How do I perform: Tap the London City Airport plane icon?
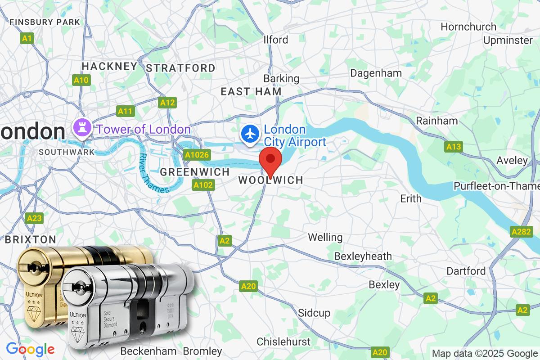(250, 134)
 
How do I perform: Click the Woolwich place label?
(270, 180)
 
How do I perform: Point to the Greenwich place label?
(195, 172)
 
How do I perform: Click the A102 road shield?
(203, 184)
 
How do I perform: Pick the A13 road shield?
(454, 146)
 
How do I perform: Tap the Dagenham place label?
(376, 73)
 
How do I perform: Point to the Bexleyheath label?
(363, 256)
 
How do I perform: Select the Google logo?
(30, 349)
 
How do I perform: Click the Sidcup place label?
(314, 313)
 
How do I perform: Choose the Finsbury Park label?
(45, 22)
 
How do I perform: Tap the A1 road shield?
(27, 39)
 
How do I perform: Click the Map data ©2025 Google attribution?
(485, 353)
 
